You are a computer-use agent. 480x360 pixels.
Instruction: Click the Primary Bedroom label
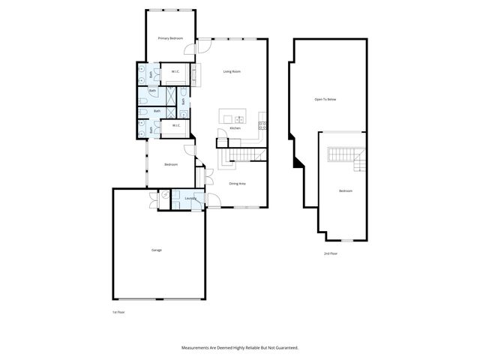click(x=170, y=37)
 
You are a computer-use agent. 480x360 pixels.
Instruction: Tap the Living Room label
click(x=232, y=71)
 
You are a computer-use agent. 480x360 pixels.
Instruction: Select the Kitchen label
click(x=234, y=128)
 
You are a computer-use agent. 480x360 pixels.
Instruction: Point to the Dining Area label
click(x=237, y=183)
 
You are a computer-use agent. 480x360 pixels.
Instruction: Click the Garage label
click(x=156, y=250)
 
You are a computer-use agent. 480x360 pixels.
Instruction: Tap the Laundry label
click(x=190, y=199)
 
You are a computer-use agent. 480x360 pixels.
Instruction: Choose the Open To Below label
click(x=324, y=99)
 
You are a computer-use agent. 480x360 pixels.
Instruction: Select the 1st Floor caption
click(x=118, y=311)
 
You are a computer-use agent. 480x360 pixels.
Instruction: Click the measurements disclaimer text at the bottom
click(x=240, y=347)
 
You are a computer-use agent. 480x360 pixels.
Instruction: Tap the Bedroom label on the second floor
click(x=345, y=191)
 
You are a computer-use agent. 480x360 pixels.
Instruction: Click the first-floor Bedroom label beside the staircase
click(x=171, y=164)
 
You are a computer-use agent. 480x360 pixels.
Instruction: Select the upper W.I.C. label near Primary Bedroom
click(x=175, y=72)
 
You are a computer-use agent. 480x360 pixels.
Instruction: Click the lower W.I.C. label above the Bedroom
click(x=175, y=126)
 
